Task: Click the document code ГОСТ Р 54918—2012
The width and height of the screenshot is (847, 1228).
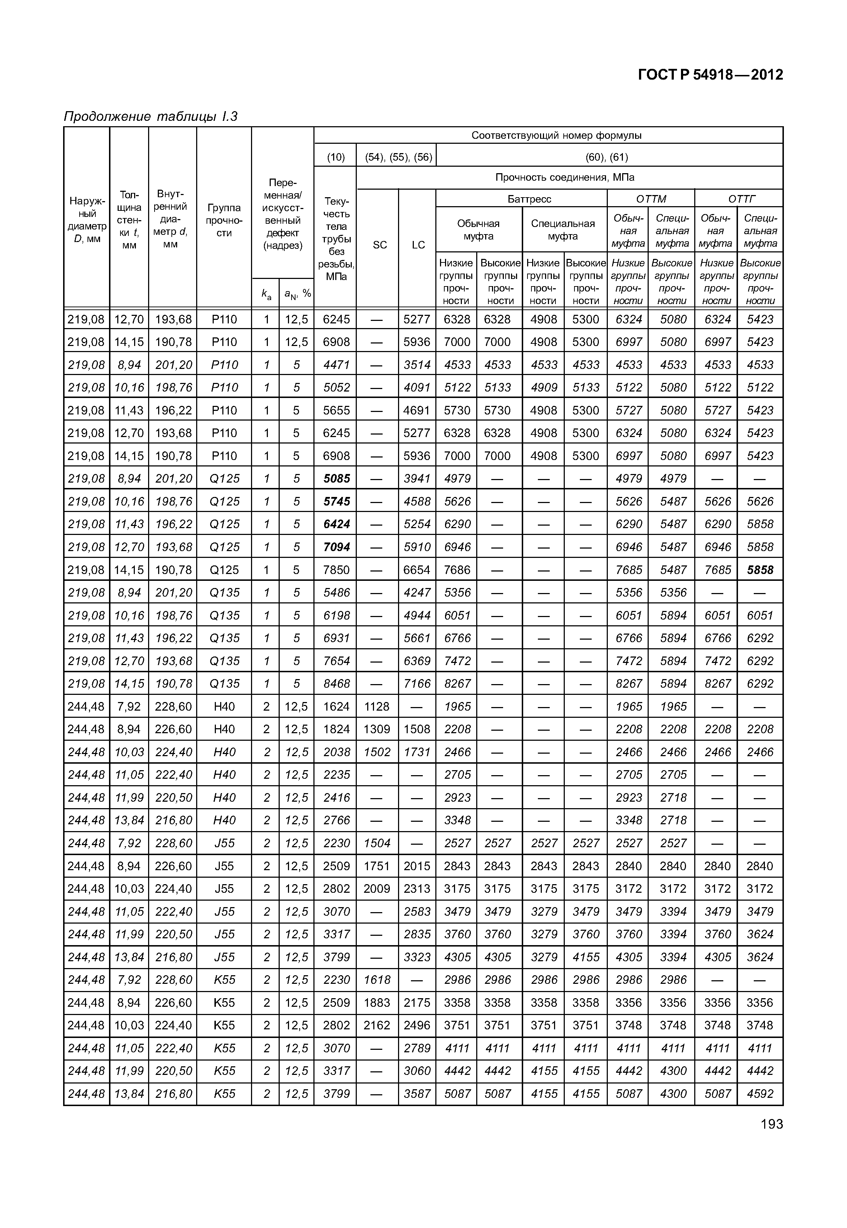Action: [710, 75]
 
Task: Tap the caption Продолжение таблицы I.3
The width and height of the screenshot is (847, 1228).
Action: [150, 116]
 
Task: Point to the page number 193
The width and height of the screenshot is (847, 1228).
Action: [771, 1124]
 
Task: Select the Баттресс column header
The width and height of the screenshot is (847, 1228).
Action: [529, 199]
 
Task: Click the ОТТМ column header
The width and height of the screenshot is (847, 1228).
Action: [650, 199]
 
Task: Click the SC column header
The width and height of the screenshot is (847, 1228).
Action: [380, 245]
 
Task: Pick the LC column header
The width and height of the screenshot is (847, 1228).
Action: [418, 245]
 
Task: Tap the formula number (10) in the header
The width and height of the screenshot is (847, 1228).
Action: [335, 157]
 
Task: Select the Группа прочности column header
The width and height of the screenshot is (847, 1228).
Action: [224, 220]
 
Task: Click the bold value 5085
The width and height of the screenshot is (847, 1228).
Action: [336, 479]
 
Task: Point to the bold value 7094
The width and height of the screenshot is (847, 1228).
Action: [336, 547]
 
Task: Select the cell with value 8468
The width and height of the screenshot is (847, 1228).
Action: [336, 683]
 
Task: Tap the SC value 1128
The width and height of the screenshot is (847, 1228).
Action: [377, 706]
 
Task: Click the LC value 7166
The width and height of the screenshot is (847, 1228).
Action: [417, 683]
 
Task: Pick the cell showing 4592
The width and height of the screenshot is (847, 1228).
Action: [760, 1094]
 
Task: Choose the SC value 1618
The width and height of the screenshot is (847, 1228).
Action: [377, 980]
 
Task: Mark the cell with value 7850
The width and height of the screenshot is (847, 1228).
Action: [336, 570]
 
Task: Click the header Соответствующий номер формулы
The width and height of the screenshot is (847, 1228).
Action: [556, 135]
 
